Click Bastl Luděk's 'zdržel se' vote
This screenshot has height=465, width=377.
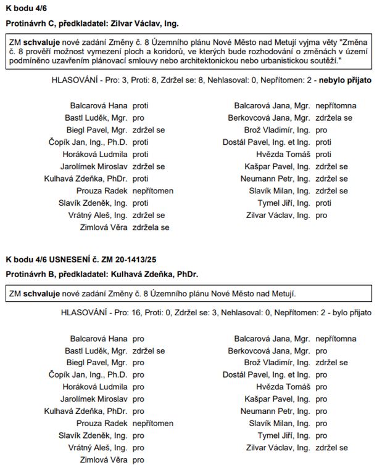tap(148, 350)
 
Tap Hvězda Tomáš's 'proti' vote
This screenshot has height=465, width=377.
tap(323, 154)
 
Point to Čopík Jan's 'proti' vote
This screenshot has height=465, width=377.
tap(140, 142)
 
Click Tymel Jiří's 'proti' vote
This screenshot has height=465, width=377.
tap(323, 203)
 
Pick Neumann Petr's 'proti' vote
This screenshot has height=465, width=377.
tap(323, 179)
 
